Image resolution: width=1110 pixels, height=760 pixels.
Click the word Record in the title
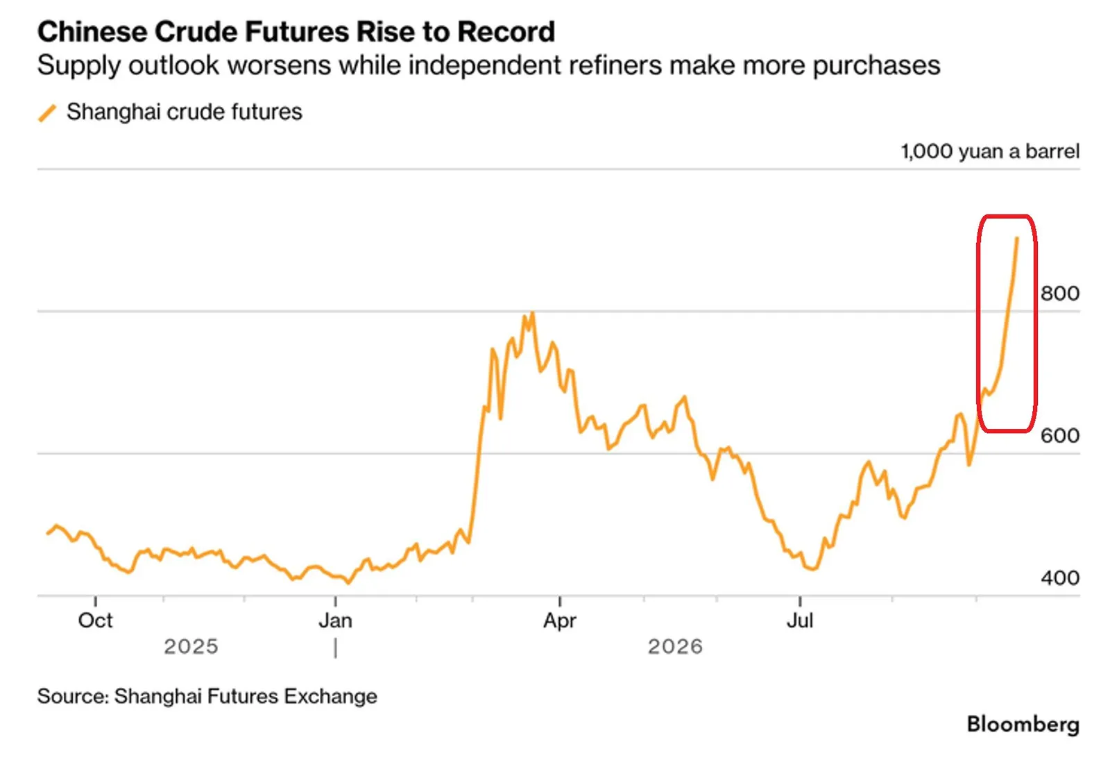tap(506, 32)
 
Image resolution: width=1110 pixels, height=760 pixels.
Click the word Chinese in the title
tap(92, 32)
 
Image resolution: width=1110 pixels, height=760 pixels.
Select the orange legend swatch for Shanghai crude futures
tap(47, 112)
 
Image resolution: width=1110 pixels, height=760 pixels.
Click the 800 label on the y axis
tap(1059, 294)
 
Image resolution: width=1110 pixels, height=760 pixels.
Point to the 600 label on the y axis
tap(1059, 436)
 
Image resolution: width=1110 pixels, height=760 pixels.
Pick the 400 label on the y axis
tap(1059, 578)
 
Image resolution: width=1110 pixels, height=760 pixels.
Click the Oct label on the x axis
tap(95, 620)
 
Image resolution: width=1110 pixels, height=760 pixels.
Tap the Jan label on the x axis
tap(336, 620)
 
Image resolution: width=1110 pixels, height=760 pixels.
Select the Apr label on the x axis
tap(560, 621)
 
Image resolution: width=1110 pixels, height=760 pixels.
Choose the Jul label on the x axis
tap(800, 620)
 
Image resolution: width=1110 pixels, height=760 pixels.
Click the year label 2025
tap(191, 646)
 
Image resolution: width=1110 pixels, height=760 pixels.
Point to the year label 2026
tap(676, 646)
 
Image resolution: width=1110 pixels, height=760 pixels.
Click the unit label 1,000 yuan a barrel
tap(990, 152)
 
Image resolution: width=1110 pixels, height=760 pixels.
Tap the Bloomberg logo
tap(1023, 725)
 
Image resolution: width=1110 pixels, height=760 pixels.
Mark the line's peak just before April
tap(532, 312)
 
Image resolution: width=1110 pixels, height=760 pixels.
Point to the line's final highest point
tap(1017, 239)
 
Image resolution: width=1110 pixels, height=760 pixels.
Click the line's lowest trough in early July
tap(812, 569)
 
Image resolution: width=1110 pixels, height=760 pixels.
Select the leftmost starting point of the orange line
tap(48, 534)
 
